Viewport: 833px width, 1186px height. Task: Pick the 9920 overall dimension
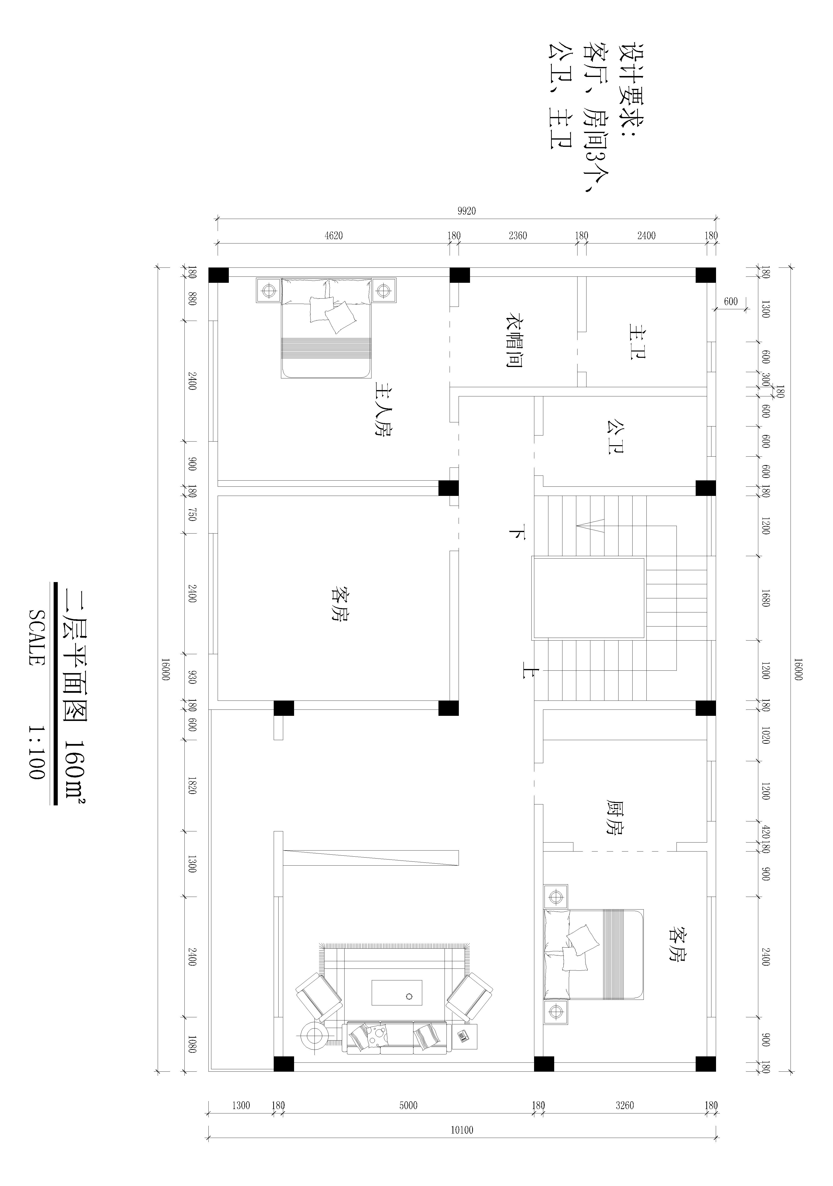pyautogui.click(x=466, y=211)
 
